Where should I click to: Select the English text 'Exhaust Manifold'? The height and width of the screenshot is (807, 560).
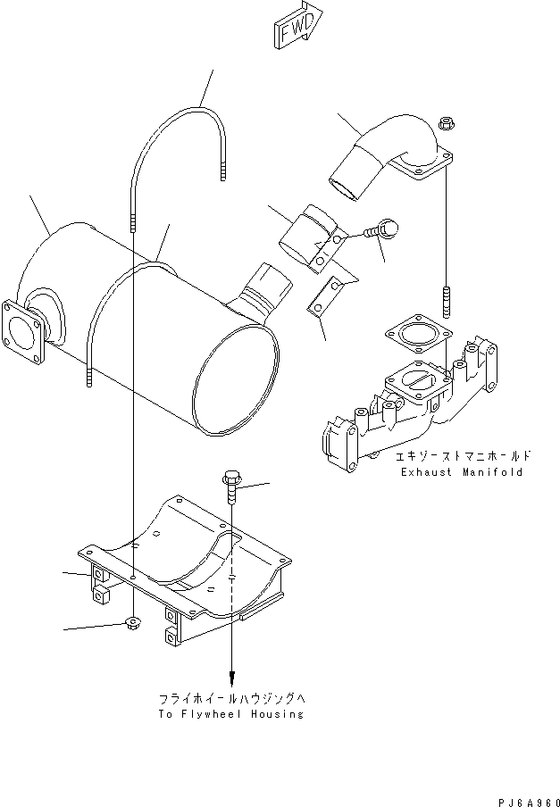click(x=462, y=472)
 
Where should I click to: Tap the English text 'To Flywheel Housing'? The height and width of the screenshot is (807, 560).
click(x=231, y=713)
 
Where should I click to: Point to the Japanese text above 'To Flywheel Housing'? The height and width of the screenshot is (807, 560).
click(x=231, y=697)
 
